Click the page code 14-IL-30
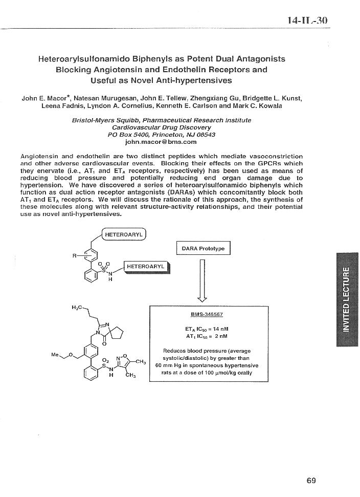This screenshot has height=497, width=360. (307, 20)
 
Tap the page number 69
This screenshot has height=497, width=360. (311, 480)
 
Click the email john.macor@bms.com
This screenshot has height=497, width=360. (161, 142)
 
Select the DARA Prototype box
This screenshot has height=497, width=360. (203, 248)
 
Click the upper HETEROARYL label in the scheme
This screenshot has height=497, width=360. (124, 234)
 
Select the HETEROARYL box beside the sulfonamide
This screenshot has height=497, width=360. (146, 267)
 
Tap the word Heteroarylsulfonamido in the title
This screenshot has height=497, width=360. (83, 59)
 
